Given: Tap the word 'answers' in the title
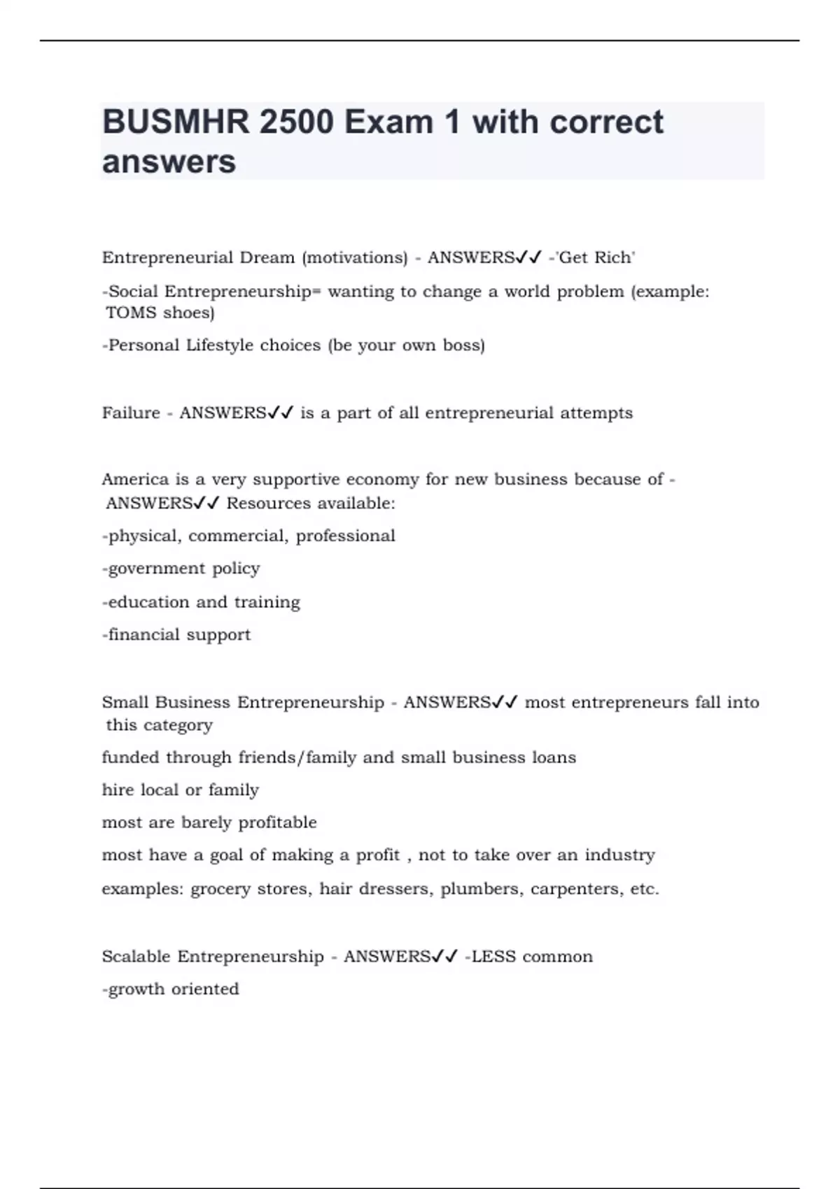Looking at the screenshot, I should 169,162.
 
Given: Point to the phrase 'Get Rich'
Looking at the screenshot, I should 595,257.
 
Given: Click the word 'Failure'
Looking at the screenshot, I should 131,413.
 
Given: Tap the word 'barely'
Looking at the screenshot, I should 206,823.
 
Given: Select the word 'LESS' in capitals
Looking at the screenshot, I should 493,957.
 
